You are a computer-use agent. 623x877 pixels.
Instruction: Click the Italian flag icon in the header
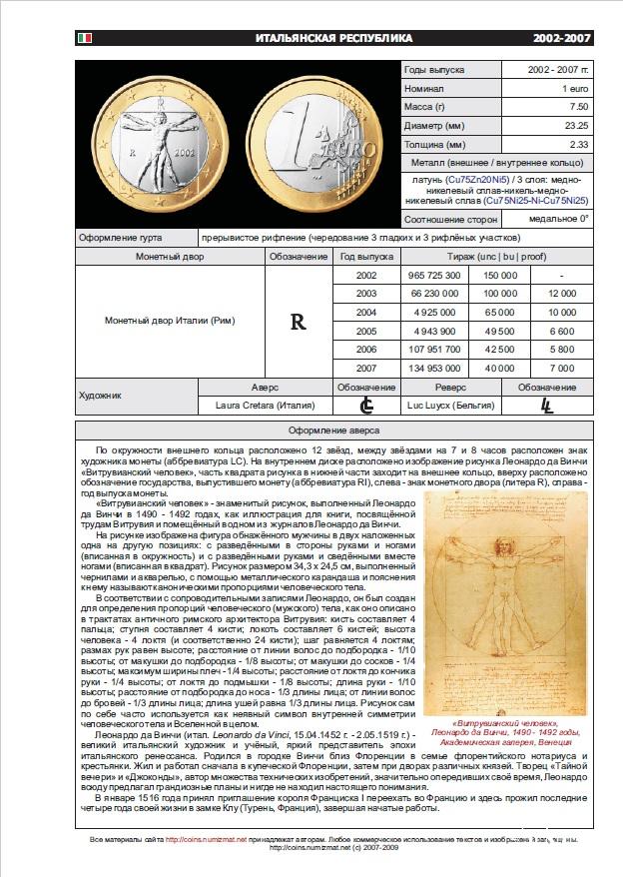84,38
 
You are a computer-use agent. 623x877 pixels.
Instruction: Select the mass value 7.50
576,107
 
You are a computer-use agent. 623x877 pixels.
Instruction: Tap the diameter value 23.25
575,126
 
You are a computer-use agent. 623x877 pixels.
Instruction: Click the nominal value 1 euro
574,89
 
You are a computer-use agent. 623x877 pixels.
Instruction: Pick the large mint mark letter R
298,323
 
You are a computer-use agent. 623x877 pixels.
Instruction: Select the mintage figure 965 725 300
428,275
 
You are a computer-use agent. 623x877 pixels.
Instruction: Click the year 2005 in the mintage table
365,331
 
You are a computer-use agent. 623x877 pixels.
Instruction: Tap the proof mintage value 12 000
562,294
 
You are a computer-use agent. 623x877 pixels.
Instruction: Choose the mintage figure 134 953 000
428,369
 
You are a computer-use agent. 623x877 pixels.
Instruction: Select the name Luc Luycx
437,406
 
